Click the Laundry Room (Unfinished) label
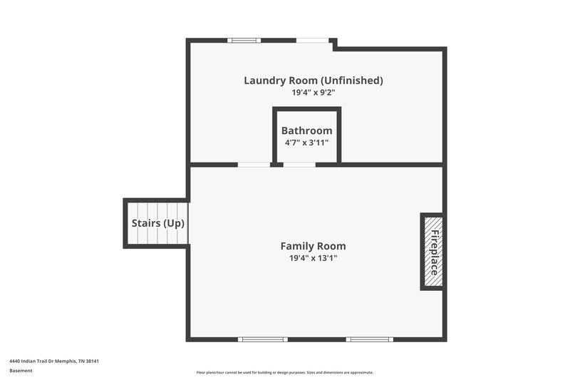pyautogui.click(x=313, y=81)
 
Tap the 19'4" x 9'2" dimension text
pyautogui.click(x=313, y=93)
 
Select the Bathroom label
pyautogui.click(x=306, y=130)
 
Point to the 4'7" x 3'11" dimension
pyautogui.click(x=306, y=143)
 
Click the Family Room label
pyautogui.click(x=313, y=246)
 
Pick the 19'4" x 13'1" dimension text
pyautogui.click(x=313, y=258)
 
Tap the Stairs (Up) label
pyautogui.click(x=158, y=223)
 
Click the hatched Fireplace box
pyautogui.click(x=432, y=251)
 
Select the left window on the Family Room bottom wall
pyautogui.click(x=262, y=339)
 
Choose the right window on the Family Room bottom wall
pyautogui.click(x=369, y=339)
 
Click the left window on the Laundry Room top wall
pyautogui.click(x=244, y=40)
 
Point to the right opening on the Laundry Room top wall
pyautogui.click(x=312, y=40)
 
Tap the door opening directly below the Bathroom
pyautogui.click(x=299, y=165)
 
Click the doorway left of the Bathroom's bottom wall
pyautogui.click(x=254, y=165)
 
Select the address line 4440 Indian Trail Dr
pyautogui.click(x=43, y=361)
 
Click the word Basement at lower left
pyautogui.click(x=21, y=371)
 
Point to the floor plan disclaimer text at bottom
pyautogui.click(x=284, y=372)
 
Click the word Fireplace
pyautogui.click(x=433, y=252)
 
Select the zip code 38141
pyautogui.click(x=91, y=361)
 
